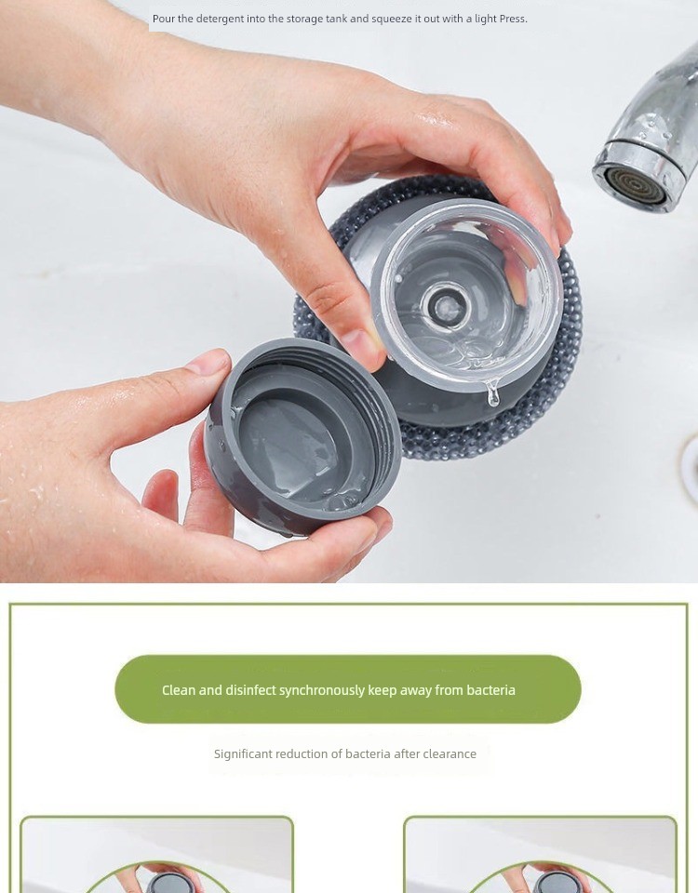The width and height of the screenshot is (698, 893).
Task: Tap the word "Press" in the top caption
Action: [513, 19]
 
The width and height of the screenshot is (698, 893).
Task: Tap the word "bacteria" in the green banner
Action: [490, 690]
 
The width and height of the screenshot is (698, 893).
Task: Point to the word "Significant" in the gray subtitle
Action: [243, 754]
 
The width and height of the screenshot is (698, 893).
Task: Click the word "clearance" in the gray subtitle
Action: [450, 754]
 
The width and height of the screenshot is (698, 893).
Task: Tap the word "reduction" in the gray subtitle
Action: [302, 754]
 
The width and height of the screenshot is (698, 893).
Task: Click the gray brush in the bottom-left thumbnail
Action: [162, 882]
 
